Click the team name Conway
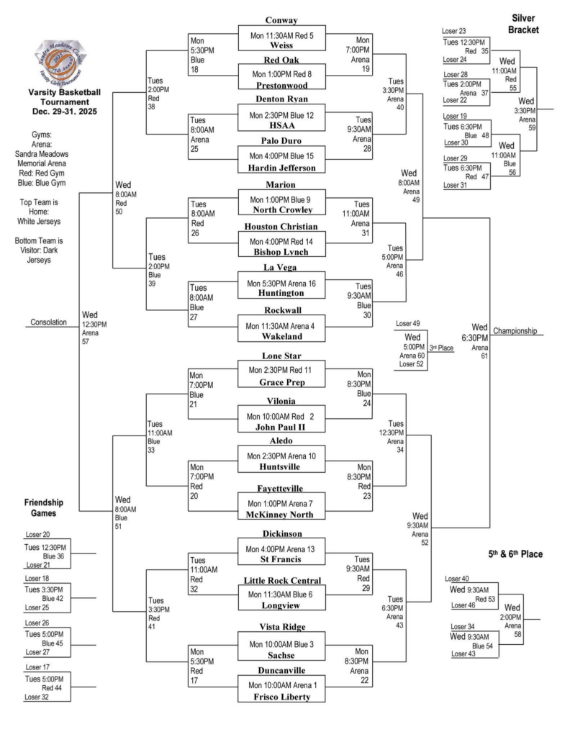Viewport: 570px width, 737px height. (x=281, y=21)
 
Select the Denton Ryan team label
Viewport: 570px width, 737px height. (x=281, y=99)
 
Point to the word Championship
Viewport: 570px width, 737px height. (x=515, y=330)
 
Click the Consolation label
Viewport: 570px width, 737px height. (x=48, y=322)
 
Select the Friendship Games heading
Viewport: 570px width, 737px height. (x=43, y=507)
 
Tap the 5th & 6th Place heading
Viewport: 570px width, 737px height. (x=515, y=553)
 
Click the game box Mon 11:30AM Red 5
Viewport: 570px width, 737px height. (x=281, y=34)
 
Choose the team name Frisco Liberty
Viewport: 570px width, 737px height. (x=281, y=697)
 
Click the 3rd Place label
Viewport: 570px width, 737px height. (x=441, y=348)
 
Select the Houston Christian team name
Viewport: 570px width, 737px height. (x=281, y=227)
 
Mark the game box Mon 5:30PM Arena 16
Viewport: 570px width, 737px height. (x=281, y=283)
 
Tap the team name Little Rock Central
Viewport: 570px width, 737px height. (x=281, y=581)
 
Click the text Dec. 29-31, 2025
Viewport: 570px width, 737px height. (x=64, y=112)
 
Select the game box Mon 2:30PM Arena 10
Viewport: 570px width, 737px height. (x=281, y=456)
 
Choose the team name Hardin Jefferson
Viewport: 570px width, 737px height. (x=281, y=168)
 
